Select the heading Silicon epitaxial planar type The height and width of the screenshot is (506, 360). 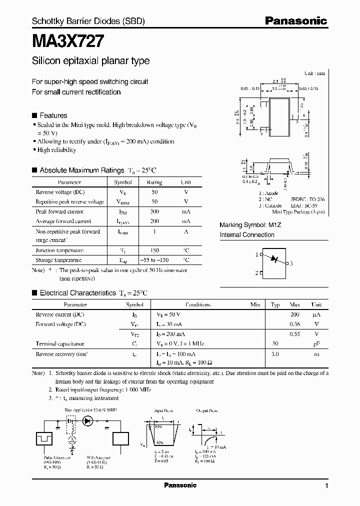coord(90,61)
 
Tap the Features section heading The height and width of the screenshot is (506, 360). coord(53,115)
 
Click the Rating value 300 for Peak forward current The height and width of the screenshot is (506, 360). coord(154,211)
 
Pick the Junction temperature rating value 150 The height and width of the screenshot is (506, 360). coord(154,250)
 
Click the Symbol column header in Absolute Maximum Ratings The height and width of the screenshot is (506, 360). coord(123,182)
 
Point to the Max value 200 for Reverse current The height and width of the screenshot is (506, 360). coord(294,314)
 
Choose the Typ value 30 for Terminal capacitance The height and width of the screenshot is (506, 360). coord(274,344)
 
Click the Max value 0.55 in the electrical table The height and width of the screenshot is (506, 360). coord(294,334)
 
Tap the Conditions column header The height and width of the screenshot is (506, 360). coord(198,304)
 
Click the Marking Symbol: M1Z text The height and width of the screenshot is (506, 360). coord(250,225)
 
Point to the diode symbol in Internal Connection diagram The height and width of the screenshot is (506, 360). coord(273,259)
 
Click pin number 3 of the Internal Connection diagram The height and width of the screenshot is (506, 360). coord(291,263)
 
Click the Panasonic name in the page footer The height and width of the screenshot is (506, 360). coord(180,485)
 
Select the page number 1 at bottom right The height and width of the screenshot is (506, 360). coord(326,486)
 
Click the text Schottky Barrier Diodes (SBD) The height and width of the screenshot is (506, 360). coord(88,21)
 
